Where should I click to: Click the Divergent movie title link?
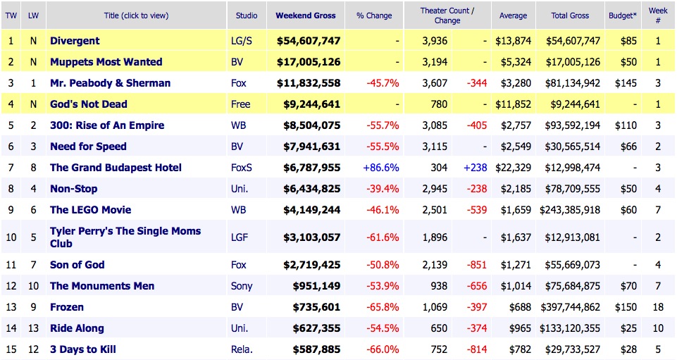[x=75, y=41]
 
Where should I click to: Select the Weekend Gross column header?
[x=305, y=15]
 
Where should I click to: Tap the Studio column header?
[x=247, y=15]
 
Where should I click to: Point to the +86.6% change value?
[x=381, y=168]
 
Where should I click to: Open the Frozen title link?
[x=67, y=307]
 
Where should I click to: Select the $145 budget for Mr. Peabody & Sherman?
[x=625, y=83]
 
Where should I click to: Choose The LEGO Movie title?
[x=90, y=210]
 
